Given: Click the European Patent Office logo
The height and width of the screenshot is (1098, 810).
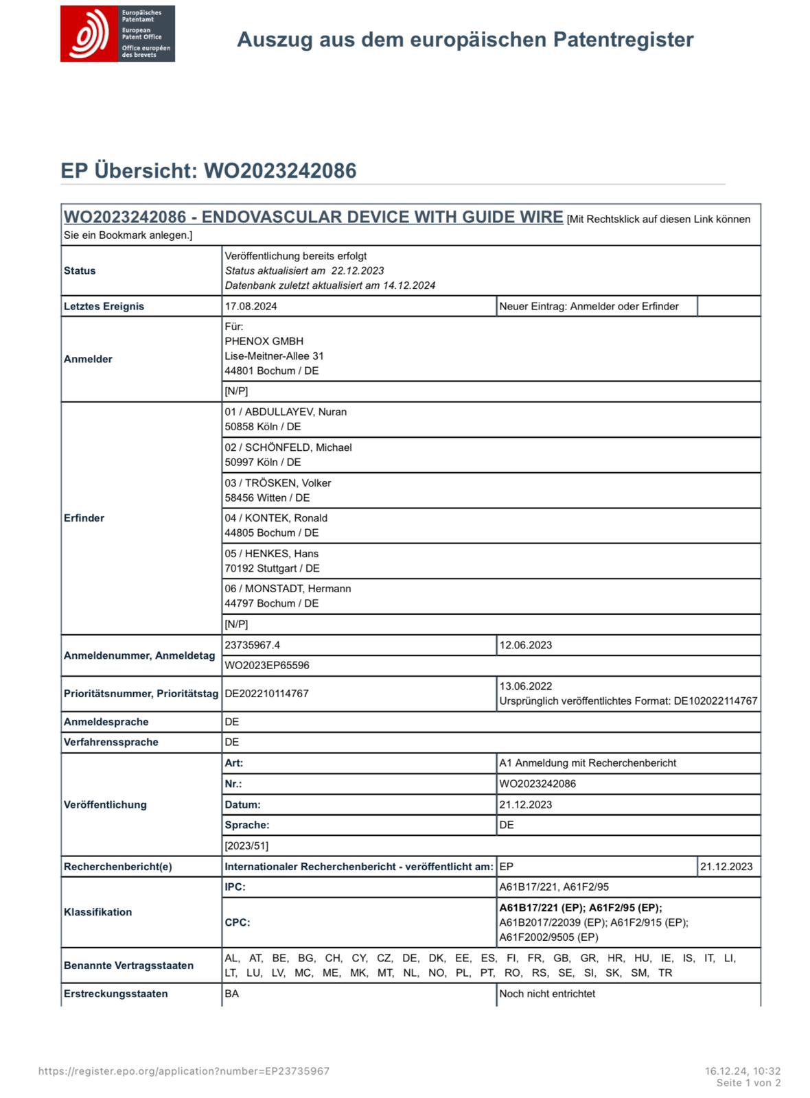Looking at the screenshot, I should pos(117,34).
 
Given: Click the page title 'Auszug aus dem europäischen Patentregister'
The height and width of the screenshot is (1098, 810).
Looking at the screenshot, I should pos(465,40).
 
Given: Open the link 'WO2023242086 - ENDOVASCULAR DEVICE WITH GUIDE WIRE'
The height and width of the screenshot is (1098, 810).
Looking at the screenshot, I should pos(313,217).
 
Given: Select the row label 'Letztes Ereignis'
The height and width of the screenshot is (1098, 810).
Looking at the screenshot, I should pos(104,306).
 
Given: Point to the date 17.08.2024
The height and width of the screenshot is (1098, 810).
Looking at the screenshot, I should pos(251,306).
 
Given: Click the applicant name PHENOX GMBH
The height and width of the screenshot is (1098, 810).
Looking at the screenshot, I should pos(264,341).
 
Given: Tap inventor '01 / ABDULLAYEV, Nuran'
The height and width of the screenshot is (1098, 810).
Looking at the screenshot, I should pos(286,412).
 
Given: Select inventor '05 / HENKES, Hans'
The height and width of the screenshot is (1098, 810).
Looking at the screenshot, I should pos(271,553).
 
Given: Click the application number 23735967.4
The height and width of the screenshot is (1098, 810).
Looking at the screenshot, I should pos(252,645).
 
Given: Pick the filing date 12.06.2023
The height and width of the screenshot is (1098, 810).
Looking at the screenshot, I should pos(525,645).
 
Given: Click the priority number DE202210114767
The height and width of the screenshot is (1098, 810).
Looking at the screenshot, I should pos(266,693).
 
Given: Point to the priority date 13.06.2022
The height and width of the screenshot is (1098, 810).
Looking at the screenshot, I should pos(525,686).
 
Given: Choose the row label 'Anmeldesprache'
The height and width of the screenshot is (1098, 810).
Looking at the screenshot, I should pos(106,721).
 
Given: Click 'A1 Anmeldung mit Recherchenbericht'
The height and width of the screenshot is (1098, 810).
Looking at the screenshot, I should pos(587,762).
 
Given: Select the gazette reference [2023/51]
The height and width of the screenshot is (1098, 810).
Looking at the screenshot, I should pos(246,845).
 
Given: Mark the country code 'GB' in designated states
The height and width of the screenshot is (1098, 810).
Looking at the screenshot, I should pos(562,958).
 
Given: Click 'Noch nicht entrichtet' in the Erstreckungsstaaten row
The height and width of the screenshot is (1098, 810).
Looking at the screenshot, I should pos(546,994).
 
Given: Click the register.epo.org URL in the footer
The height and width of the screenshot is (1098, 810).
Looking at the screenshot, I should pos(183,1071).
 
